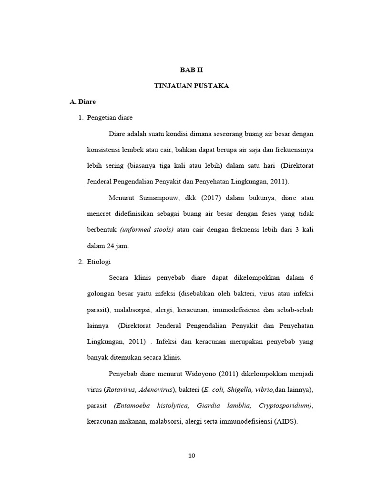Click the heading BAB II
[x=191, y=69]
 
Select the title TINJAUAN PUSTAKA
[x=191, y=86]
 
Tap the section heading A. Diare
[x=82, y=102]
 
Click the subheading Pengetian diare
[x=110, y=117]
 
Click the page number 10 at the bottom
[x=192, y=455]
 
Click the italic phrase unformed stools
[x=147, y=230]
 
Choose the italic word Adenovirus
[x=156, y=389]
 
